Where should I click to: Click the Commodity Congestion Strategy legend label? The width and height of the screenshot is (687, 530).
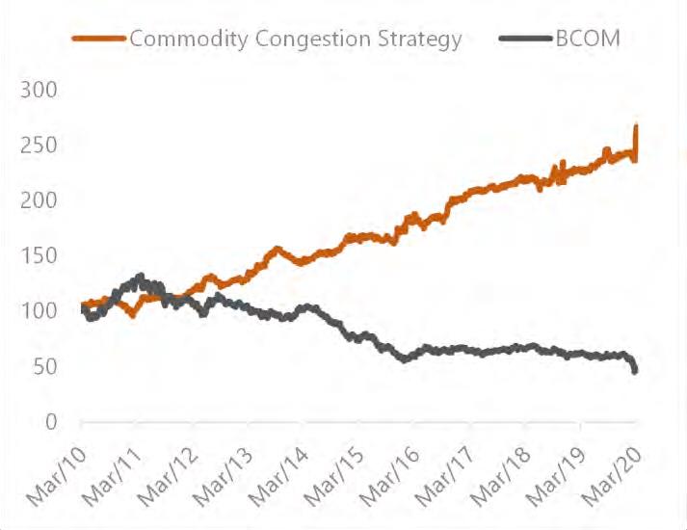pos(295,40)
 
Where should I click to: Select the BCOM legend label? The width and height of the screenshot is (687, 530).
pos(588,40)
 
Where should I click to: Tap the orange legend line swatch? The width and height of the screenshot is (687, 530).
pos(99,40)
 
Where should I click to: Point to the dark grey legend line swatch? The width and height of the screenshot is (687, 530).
pos(526,40)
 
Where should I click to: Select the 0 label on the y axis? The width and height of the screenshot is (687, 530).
pos(52,422)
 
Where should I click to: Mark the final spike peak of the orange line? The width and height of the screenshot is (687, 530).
pos(636,127)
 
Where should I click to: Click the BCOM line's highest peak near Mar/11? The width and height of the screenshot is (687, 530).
pos(140,277)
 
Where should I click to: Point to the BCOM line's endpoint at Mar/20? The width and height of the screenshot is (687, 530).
pos(636,371)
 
